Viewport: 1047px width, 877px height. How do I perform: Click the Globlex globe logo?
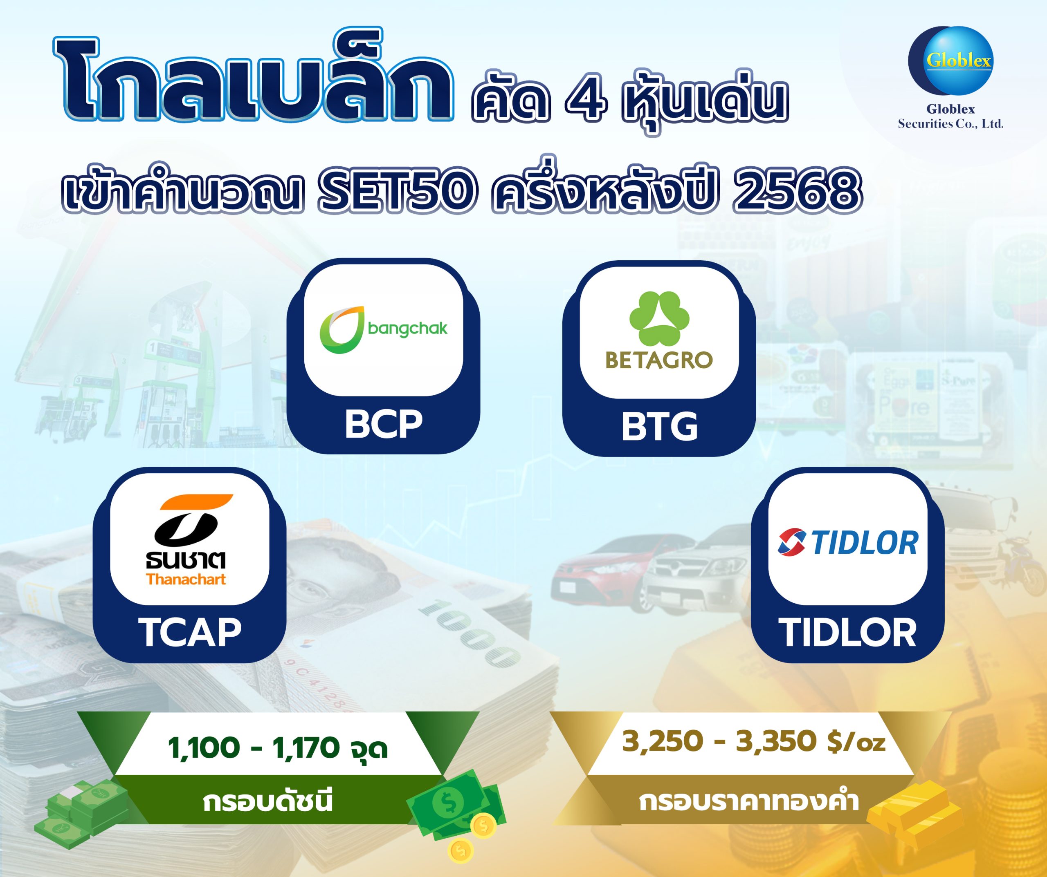click(951, 60)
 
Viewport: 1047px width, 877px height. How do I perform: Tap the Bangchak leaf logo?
click(342, 329)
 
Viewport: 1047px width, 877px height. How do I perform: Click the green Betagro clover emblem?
click(659, 318)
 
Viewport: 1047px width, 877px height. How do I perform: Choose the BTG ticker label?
click(659, 427)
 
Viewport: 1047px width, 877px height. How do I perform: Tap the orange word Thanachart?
click(186, 579)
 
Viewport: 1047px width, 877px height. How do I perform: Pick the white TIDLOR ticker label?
click(847, 633)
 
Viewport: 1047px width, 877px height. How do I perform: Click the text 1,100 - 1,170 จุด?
click(278, 748)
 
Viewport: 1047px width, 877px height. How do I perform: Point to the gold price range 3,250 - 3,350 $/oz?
click(753, 741)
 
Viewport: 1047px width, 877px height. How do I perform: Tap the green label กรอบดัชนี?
click(268, 802)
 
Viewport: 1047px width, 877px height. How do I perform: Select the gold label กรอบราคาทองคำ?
click(749, 802)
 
